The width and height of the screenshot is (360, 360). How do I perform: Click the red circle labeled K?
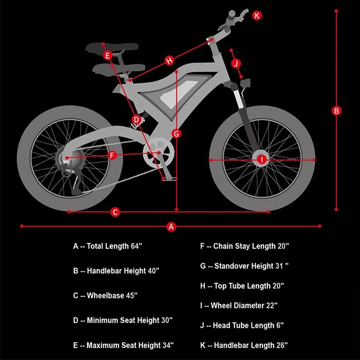[x=257, y=16]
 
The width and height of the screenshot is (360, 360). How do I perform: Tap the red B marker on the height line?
[x=336, y=111]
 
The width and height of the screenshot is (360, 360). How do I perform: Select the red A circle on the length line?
[x=171, y=227]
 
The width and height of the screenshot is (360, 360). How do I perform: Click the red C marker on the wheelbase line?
[x=115, y=212]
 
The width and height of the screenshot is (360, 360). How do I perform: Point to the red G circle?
[x=176, y=133]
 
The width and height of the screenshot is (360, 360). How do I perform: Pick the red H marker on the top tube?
[x=169, y=60]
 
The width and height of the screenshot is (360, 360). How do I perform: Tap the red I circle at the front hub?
[x=262, y=160]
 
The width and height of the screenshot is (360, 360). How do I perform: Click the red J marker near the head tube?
[x=236, y=63]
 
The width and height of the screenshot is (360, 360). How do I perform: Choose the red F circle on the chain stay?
[x=112, y=156]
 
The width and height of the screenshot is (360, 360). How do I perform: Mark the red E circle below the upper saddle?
[x=107, y=55]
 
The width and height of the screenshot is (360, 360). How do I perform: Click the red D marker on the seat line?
[x=136, y=120]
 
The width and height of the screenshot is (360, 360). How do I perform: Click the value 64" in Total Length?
[x=136, y=246]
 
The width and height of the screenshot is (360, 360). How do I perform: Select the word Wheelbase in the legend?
[x=105, y=296]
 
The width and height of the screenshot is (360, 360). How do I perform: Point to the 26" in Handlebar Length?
[x=282, y=345]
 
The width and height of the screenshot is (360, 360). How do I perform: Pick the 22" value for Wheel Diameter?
[x=272, y=306]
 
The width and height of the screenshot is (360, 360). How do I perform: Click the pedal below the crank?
[x=169, y=178]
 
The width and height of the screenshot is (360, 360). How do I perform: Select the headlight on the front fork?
[x=245, y=83]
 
